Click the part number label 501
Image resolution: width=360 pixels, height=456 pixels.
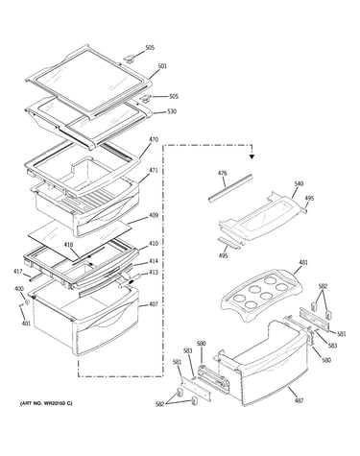162,66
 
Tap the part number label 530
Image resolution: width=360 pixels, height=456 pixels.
172,111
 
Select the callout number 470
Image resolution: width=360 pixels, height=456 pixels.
154,139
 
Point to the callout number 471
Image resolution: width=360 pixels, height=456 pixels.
154,171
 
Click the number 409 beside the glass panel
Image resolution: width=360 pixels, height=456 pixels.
154,215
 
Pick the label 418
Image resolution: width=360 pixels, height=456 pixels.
68,245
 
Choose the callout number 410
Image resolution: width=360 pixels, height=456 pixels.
154,244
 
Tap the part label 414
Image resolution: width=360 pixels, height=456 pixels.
154,261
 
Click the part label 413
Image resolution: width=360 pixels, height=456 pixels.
154,273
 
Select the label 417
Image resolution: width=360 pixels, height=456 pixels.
18,272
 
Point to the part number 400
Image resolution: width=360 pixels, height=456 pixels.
19,289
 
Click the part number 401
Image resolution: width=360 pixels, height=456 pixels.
26,324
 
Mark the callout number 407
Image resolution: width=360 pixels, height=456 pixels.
154,304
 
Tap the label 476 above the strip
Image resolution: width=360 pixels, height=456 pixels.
223,173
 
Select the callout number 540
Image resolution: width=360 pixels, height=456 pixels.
299,183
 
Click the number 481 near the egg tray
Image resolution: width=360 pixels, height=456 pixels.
303,263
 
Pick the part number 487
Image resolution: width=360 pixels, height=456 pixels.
300,400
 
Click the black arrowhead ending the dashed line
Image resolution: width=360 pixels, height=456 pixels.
252,156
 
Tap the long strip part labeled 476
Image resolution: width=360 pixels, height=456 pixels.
230,188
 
